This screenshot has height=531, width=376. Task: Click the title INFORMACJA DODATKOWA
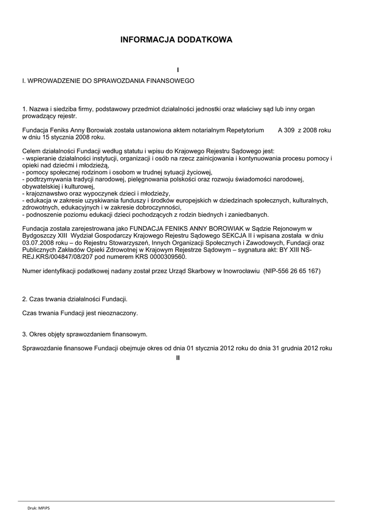pos(177,39)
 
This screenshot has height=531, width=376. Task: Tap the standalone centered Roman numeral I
pos(178,70)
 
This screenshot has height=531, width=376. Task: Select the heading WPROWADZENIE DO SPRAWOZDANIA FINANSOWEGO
pos(112,81)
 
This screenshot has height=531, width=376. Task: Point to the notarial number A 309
pos(287,130)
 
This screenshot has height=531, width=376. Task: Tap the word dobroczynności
pos(156,207)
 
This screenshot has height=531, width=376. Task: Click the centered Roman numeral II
pos(178,358)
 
